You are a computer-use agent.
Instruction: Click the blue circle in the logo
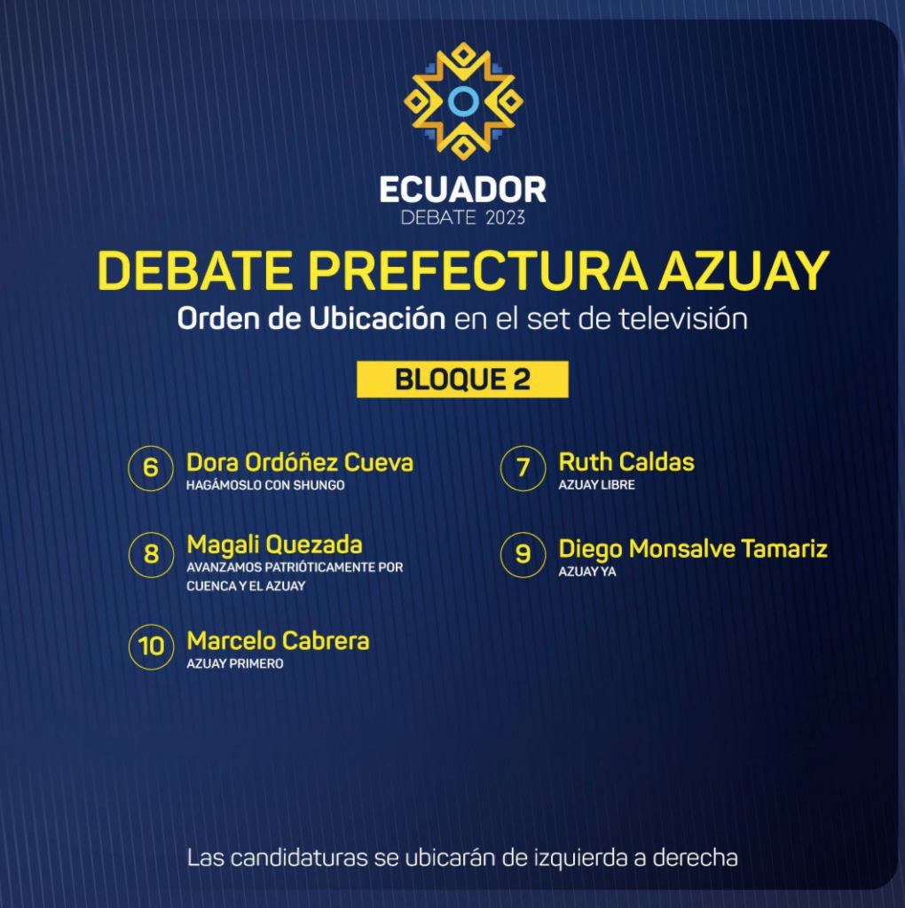point(463,89)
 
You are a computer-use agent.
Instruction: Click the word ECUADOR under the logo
point(463,190)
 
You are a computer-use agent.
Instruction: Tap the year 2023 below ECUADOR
point(505,218)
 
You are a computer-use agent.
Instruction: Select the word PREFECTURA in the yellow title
point(477,270)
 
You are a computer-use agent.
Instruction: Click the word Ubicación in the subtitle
point(377,318)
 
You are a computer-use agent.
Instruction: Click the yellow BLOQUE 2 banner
point(462,380)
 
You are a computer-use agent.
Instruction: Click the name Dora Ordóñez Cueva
point(300,463)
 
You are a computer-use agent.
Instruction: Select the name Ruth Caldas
point(626,462)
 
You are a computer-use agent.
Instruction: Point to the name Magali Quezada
point(275,545)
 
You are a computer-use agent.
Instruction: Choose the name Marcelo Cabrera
point(278,640)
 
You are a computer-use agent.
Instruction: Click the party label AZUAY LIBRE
point(597,485)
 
